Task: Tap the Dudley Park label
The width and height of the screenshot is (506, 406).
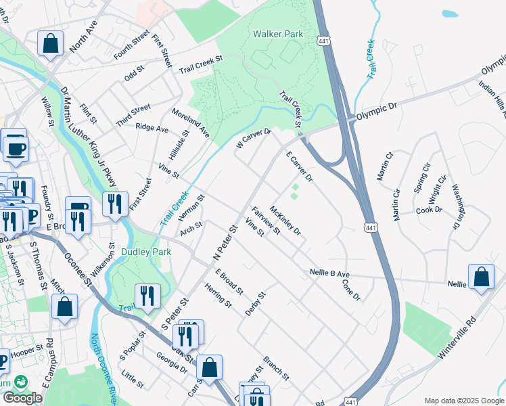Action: (x=146, y=252)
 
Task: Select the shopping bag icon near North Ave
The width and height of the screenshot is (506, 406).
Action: (x=51, y=44)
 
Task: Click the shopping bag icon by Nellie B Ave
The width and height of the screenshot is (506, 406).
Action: (x=480, y=277)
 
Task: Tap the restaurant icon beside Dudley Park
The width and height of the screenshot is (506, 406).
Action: (x=146, y=296)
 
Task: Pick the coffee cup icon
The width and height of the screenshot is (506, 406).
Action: (x=16, y=148)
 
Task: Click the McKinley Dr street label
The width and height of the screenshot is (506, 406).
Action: (x=285, y=221)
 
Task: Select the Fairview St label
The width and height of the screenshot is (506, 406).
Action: (x=266, y=221)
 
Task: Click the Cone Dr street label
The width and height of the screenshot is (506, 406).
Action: (x=352, y=292)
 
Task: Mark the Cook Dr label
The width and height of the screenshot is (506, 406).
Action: (x=429, y=210)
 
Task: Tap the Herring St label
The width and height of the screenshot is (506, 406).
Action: (x=218, y=297)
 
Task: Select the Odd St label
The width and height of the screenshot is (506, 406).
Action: (x=135, y=68)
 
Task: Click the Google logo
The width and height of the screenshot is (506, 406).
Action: (x=22, y=398)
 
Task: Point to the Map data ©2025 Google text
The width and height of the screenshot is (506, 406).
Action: (x=464, y=401)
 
